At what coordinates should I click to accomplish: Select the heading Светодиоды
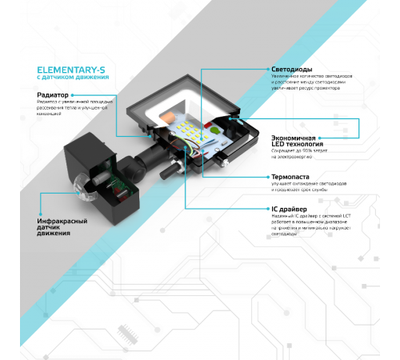tap(292, 70)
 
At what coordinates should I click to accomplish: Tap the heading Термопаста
tap(291, 178)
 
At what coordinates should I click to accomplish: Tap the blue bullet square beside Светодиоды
tap(267, 70)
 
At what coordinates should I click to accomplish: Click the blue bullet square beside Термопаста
tap(267, 178)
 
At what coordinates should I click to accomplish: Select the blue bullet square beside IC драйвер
tap(267, 209)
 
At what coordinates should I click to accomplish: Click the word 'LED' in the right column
tap(280, 145)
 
